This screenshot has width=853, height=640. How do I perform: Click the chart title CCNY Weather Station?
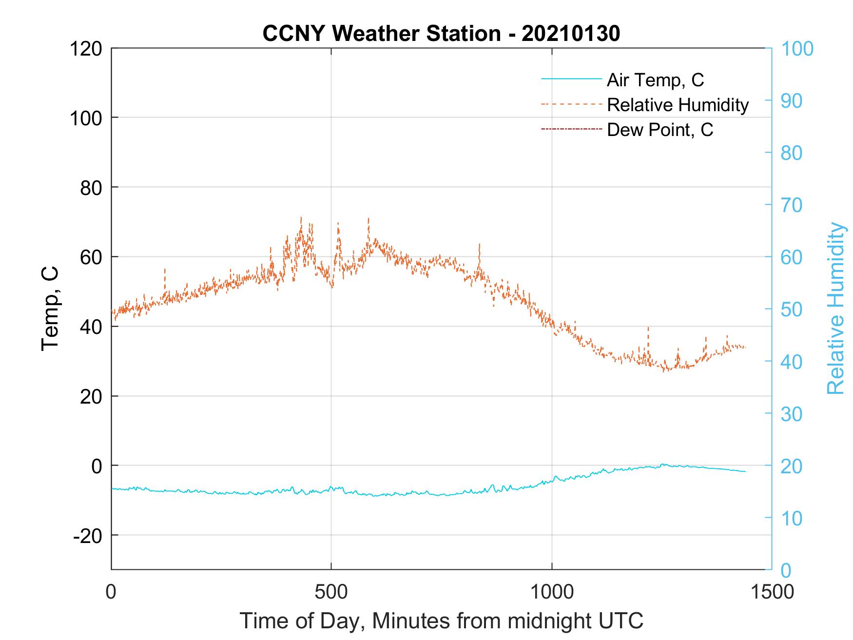[381, 34]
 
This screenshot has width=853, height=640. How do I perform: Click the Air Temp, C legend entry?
[655, 80]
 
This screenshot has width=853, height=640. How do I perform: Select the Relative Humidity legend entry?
[678, 105]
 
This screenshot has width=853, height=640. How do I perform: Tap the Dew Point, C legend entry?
[660, 130]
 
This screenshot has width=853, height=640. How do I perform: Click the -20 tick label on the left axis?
[88, 536]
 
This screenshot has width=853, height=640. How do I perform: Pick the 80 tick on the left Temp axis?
[91, 188]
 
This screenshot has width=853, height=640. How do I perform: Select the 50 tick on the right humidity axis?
[792, 309]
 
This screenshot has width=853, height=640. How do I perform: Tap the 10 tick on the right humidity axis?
[792, 518]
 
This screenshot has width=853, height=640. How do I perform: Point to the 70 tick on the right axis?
[792, 205]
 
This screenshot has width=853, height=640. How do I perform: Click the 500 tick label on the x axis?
[331, 592]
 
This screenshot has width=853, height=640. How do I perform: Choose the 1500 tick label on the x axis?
[771, 592]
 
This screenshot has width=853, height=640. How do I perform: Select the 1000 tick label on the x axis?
[552, 592]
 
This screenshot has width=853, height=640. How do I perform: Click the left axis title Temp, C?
[50, 308]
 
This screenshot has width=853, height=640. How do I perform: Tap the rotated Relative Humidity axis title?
[835, 308]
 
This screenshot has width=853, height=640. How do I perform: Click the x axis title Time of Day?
[441, 621]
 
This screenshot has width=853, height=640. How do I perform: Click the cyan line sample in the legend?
[571, 79]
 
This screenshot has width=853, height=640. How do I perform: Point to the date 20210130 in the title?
[571, 34]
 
